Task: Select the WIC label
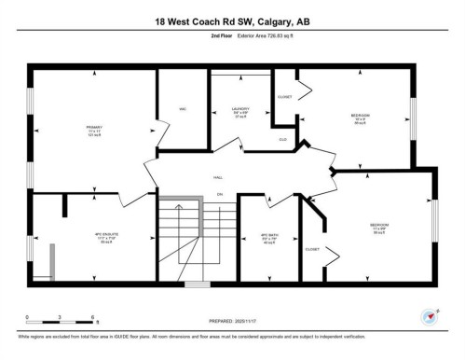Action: click(x=184, y=109)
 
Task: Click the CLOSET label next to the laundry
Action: click(x=284, y=97)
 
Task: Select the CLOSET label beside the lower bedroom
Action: click(x=312, y=249)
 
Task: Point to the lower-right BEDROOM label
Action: click(x=379, y=226)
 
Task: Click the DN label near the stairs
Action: click(x=221, y=193)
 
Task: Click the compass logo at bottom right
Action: click(x=431, y=316)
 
